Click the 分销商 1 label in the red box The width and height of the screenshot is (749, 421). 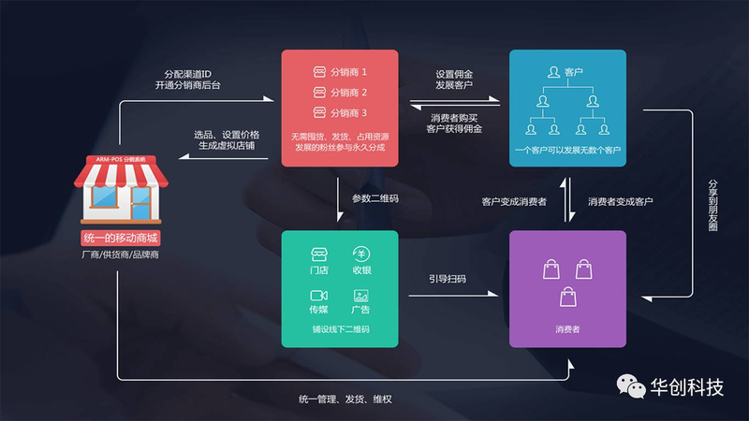click(x=348, y=72)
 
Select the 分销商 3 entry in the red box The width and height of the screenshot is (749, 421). click(x=348, y=113)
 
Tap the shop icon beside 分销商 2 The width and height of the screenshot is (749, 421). click(x=319, y=92)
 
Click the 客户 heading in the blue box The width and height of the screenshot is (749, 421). click(x=573, y=72)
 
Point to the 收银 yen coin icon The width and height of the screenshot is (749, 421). click(x=361, y=254)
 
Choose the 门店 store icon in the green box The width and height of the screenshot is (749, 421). click(x=319, y=254)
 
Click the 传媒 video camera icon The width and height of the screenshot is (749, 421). click(x=318, y=296)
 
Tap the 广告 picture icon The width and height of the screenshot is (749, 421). click(x=360, y=296)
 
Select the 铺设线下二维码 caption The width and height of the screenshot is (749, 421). click(x=341, y=329)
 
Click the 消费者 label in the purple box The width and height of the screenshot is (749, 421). click(x=567, y=329)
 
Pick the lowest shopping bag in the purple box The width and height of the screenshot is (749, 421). click(x=568, y=297)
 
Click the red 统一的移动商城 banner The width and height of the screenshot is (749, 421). click(x=121, y=239)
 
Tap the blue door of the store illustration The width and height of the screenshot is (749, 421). click(x=141, y=203)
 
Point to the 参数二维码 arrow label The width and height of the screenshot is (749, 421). click(x=375, y=198)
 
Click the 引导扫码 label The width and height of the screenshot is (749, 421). click(x=448, y=279)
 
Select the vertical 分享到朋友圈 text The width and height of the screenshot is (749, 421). click(x=712, y=205)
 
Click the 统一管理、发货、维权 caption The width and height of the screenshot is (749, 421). click(x=345, y=399)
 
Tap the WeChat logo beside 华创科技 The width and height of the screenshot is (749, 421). click(x=630, y=385)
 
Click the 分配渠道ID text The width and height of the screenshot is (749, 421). click(x=188, y=74)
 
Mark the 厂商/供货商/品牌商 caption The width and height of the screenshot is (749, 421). click(x=120, y=254)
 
